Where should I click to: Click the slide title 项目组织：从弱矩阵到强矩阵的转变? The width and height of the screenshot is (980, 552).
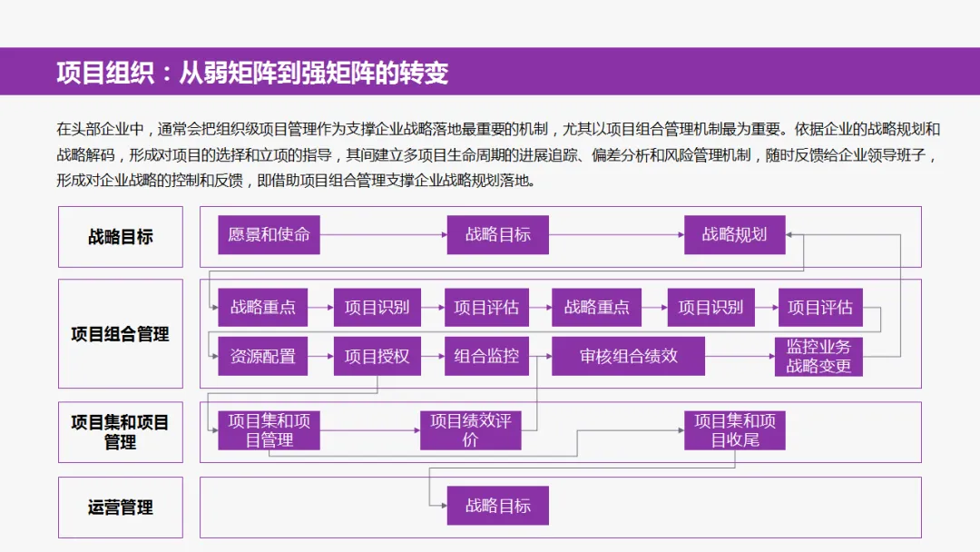(252, 73)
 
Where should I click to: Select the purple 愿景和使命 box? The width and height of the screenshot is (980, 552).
(269, 235)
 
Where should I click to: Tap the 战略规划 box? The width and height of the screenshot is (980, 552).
(734, 235)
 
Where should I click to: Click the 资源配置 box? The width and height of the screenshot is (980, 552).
(262, 357)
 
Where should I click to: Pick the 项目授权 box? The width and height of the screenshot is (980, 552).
(377, 357)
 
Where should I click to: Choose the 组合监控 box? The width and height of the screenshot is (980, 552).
(486, 357)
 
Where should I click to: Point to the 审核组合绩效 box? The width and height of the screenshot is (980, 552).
(628, 357)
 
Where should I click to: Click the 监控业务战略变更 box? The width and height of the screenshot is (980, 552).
(818, 357)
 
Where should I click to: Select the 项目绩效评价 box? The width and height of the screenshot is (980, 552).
(470, 430)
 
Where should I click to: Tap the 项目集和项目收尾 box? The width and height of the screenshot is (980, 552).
(734, 430)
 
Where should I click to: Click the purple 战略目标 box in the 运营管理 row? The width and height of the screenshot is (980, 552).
(497, 506)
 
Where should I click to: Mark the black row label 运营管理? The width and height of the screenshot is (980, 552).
(121, 508)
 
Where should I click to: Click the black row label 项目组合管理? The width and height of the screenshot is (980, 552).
(121, 334)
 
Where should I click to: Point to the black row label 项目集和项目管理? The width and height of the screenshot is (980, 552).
(121, 432)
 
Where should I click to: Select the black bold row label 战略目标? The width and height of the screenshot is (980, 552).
(121, 237)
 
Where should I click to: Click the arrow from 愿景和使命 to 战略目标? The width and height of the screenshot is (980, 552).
(384, 235)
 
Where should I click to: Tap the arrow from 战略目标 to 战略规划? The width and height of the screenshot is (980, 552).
(616, 235)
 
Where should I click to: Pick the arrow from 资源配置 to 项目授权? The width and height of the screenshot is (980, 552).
(320, 357)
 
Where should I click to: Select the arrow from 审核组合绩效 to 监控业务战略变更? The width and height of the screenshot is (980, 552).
(740, 357)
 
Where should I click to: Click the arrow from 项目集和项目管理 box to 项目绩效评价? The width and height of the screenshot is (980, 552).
(369, 430)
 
